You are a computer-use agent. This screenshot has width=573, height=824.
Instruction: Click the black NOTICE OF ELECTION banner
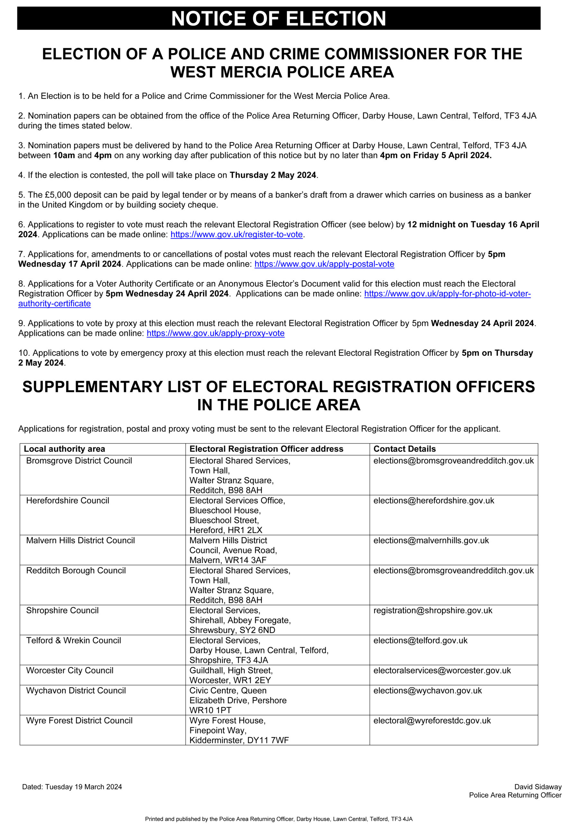278,18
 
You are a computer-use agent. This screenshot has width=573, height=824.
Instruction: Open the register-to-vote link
237,234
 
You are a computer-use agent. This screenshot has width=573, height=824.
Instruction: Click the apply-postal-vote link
324,264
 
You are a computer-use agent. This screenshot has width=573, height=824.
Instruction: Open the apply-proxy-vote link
215,333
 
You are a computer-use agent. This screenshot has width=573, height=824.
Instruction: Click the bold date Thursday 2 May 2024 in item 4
273,175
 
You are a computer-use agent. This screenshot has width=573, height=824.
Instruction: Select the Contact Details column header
405,449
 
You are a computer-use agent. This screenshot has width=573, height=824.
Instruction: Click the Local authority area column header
65,449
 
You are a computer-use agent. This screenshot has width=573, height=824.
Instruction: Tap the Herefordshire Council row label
68,500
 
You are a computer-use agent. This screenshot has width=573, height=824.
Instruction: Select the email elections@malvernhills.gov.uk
431,540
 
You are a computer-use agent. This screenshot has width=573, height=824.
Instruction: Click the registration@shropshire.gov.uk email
433,611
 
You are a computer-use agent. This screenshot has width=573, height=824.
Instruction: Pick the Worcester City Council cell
70,670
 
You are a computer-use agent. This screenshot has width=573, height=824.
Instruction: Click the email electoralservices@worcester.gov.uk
442,670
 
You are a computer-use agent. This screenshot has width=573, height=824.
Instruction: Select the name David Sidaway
538,787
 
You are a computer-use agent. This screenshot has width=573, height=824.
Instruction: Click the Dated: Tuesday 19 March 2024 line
72,787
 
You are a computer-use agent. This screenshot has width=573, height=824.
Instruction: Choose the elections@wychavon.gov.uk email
428,690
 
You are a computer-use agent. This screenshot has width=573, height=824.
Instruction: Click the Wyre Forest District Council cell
79,720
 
